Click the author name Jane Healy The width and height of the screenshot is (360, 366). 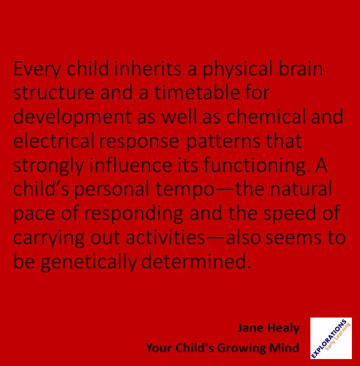coord(268,328)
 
